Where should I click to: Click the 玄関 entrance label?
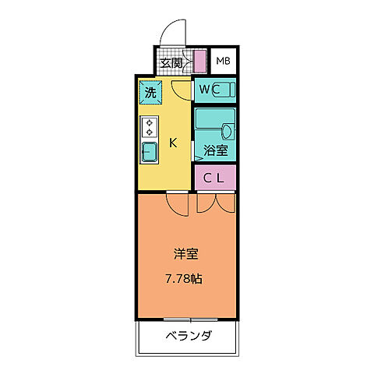tap(171, 62)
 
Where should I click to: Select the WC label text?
tap(206, 90)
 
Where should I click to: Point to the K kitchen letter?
tap(174, 143)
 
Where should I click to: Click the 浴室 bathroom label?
tap(216, 150)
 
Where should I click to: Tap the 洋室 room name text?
tap(185, 253)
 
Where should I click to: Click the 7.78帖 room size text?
tap(185, 278)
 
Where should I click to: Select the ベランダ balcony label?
tap(188, 337)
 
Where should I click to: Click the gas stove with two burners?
tap(150, 127)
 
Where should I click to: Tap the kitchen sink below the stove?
tap(150, 150)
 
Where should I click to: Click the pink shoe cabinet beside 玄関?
tap(199, 62)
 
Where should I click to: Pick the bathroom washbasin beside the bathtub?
tap(228, 129)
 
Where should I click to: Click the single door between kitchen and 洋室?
tap(177, 204)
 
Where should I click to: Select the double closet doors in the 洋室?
tap(214, 204)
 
